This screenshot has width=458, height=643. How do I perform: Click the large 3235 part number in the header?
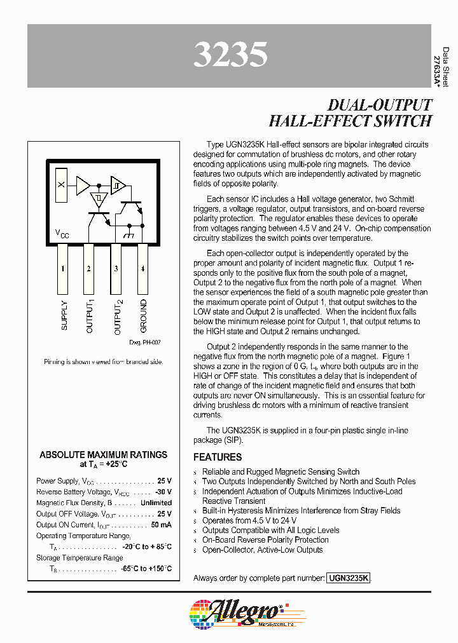pyautogui.click(x=230, y=56)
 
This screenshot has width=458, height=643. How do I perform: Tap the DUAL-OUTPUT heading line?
pyautogui.click(x=379, y=105)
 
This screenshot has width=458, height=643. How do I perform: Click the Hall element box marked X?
pyautogui.click(x=61, y=185)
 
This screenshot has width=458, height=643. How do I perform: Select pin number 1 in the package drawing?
pyautogui.click(x=63, y=269)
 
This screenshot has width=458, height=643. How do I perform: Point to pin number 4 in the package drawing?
pyautogui.click(x=142, y=269)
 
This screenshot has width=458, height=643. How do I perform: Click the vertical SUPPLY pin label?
pyautogui.click(x=64, y=315)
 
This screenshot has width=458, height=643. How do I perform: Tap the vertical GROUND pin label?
pyautogui.click(x=143, y=316)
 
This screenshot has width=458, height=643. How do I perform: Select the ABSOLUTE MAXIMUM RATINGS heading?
pyautogui.click(x=104, y=455)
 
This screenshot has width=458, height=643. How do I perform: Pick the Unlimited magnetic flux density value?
pyautogui.click(x=156, y=503)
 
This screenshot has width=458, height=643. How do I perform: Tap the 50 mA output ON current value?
pyautogui.click(x=161, y=525)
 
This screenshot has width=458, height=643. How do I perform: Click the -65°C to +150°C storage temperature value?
pyautogui.click(x=146, y=569)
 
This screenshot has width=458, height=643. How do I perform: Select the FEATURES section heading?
pyautogui.click(x=218, y=457)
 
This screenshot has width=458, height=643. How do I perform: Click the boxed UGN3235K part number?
pyautogui.click(x=348, y=578)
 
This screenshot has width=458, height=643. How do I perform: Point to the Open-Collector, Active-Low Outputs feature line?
pyautogui.click(x=262, y=550)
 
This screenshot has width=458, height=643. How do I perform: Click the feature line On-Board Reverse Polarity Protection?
pyautogui.click(x=265, y=540)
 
